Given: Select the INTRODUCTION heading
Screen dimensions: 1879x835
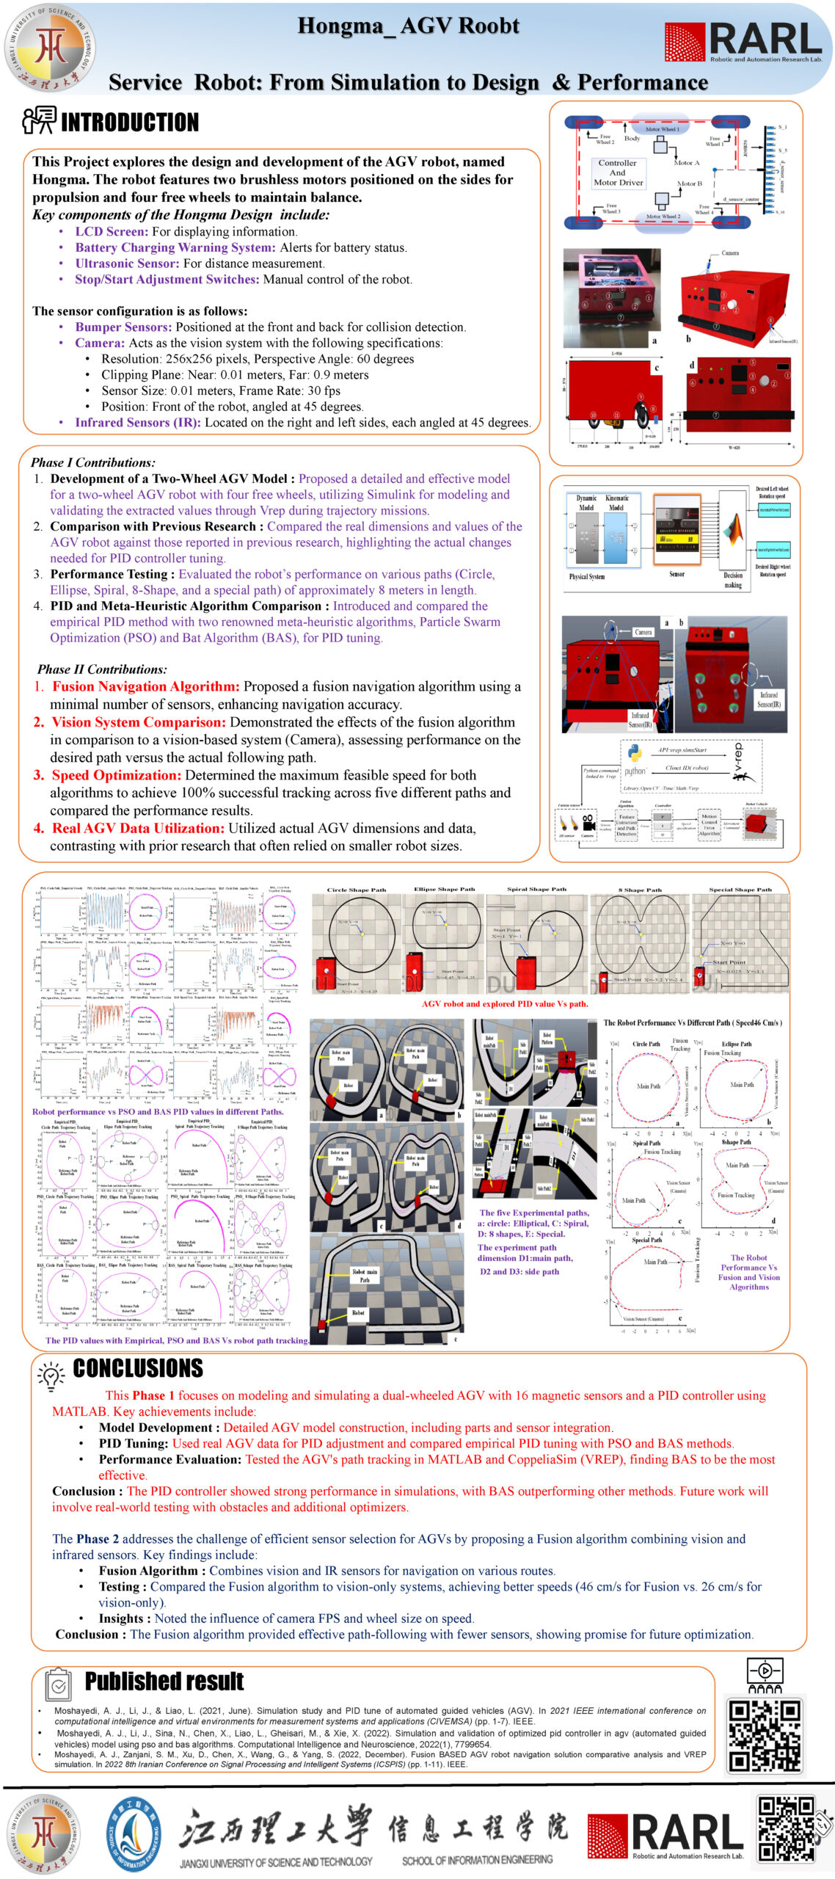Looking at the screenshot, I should point(130,122).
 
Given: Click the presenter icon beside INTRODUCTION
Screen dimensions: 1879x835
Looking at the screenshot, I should point(38,120).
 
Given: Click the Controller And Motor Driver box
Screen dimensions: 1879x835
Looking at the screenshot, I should point(618,173).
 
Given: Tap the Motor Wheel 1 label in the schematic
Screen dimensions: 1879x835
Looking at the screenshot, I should point(662,129).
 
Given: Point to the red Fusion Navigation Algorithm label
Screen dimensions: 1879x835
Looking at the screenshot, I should point(145,686).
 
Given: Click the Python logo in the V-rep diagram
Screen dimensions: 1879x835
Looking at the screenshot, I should point(635,753).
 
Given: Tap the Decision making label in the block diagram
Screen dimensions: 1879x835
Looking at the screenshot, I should point(733,581).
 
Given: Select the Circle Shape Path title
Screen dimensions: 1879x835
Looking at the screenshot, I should point(356,890).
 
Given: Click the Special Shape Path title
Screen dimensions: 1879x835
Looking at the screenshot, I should point(740,890).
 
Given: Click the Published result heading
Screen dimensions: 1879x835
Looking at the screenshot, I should point(164,1681).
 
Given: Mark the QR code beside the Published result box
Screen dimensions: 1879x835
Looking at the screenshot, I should point(764,1736).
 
